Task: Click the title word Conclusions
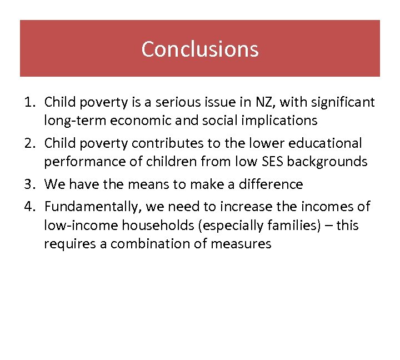pos(199,49)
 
